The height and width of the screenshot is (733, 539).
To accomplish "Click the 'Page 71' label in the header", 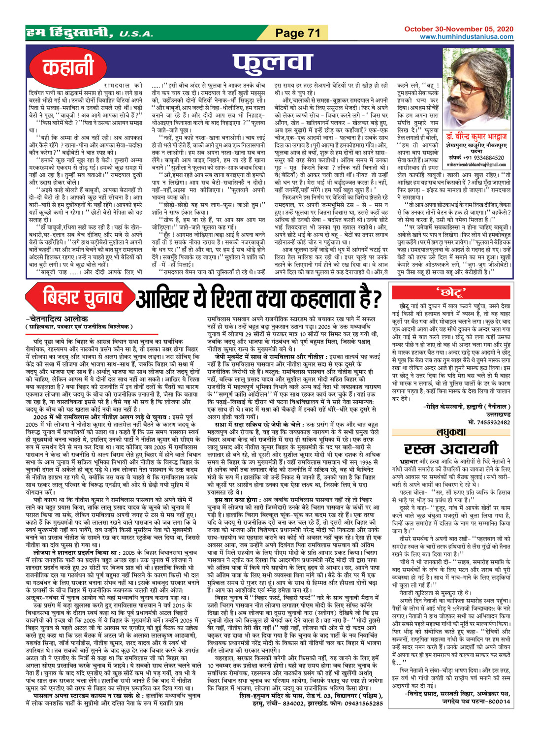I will click(x=297, y=33).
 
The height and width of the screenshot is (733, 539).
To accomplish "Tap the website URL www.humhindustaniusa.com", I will click(x=466, y=37).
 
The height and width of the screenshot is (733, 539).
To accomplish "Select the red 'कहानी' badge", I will click(x=68, y=67).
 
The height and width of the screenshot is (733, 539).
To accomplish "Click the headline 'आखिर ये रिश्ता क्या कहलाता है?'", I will click(x=258, y=298).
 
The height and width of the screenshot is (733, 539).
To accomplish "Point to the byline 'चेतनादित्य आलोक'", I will click(x=57, y=319).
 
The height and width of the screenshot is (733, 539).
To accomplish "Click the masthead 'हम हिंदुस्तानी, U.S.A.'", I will click(x=89, y=33).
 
